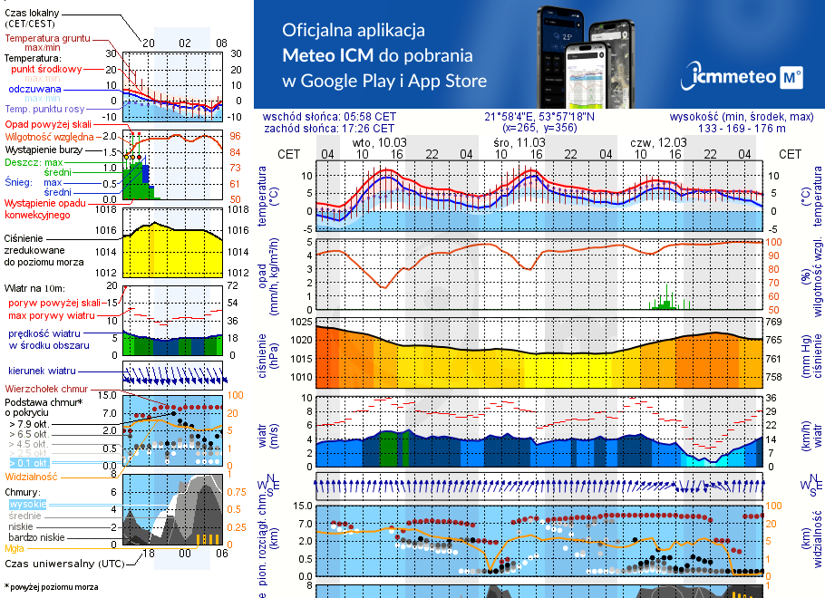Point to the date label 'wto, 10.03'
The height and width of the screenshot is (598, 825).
(x=380, y=143)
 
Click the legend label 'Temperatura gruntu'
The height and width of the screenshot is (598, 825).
(x=47, y=39)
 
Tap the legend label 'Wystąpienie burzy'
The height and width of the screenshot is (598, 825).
(x=45, y=148)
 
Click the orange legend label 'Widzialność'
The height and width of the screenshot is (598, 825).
(x=32, y=476)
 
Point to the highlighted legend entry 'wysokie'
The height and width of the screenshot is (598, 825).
(x=26, y=504)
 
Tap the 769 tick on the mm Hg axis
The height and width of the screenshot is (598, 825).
(x=773, y=322)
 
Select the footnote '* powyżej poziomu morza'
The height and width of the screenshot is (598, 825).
(x=51, y=587)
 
